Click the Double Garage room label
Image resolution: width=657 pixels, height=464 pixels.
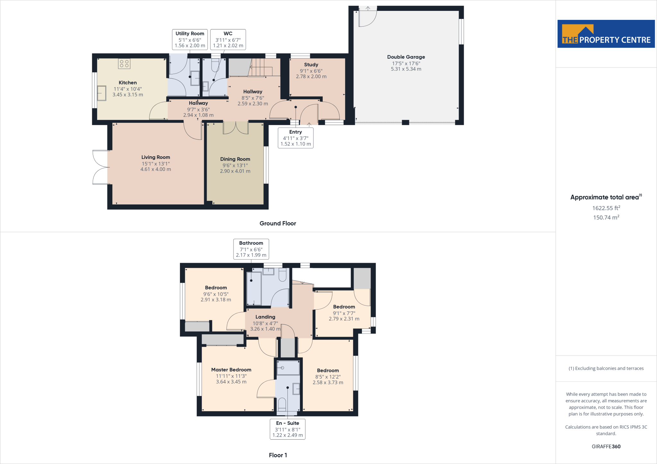tap(406, 57)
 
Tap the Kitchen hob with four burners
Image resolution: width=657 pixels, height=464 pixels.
tap(124, 63)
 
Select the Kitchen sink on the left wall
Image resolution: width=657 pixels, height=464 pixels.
tap(102, 93)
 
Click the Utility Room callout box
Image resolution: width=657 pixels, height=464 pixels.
tap(190, 39)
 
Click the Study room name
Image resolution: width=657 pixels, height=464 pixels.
tap(311, 65)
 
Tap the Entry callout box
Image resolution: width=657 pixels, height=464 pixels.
tap(295, 138)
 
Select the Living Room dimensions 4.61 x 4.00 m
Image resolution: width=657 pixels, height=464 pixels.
tap(156, 169)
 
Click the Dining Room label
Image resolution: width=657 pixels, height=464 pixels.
tap(235, 159)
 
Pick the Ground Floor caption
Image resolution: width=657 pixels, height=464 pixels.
tap(278, 223)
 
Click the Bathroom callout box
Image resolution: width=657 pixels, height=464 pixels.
tap(251, 249)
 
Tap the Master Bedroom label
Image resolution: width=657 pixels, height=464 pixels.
tap(231, 370)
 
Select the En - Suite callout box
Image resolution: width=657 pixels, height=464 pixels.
tap(288, 429)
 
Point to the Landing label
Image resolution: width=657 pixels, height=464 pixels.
tap(265, 317)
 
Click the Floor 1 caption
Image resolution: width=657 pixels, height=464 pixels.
tap(278, 455)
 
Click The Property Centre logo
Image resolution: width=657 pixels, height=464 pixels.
tap(606, 34)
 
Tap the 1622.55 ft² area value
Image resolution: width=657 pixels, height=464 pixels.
tap(606, 208)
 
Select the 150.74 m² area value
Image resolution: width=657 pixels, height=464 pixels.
tap(606, 217)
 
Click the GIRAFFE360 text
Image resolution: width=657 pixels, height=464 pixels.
tap(606, 446)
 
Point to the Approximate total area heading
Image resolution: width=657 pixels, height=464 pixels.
tap(606, 197)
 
